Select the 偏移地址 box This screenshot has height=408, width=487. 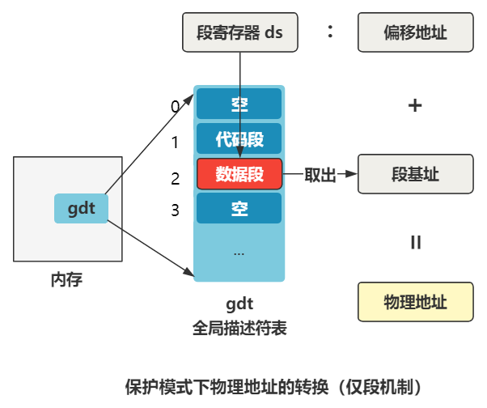coord(415,32)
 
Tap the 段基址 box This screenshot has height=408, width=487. coord(415,174)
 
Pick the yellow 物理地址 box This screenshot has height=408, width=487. coord(415,301)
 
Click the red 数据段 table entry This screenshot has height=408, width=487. coord(239,173)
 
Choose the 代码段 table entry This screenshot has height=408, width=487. coord(239,139)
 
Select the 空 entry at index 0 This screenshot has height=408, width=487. coord(239,104)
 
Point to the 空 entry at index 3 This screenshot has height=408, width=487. coord(239,208)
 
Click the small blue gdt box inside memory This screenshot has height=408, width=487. coord(81,209)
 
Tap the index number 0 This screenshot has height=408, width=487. coord(174,106)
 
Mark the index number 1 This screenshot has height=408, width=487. coord(174,142)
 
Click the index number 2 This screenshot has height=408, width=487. coord(175,177)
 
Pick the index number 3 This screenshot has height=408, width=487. coord(175,211)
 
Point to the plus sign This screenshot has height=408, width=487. coord(415,105)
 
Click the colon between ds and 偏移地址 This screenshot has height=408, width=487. coord(330,32)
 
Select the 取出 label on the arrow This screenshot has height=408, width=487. coord(320,174)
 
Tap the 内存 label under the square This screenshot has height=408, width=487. coord(66,280)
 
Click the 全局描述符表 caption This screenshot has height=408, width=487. coord(239,329)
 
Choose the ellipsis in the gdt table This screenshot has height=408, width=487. coord(239,253)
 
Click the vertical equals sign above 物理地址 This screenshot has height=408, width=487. coord(415,242)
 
